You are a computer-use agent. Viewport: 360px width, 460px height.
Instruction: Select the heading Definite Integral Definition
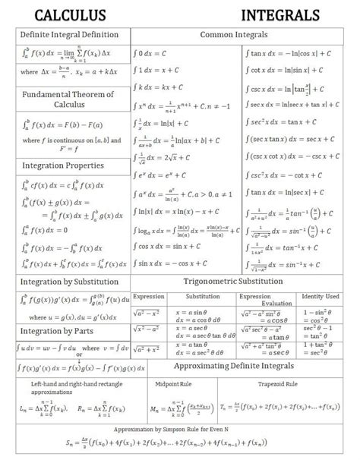pos(69,35)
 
